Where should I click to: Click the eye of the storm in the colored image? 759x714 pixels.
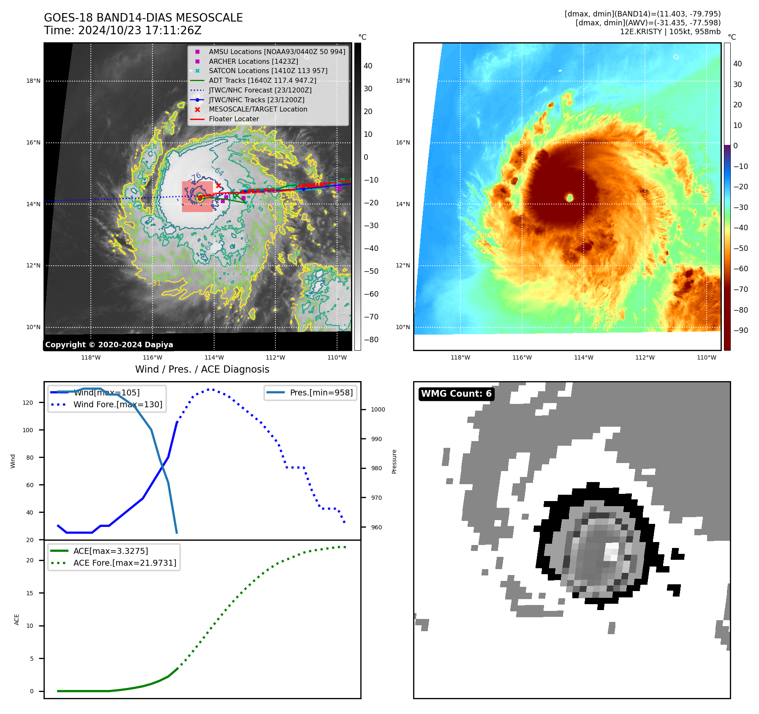click(x=569, y=197)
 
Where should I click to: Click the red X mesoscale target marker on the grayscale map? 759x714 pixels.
click(x=218, y=185)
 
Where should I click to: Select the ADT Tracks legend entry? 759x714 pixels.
click(x=262, y=81)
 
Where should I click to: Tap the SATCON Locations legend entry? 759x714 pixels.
click(x=268, y=71)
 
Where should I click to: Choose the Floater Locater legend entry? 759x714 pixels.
click(x=234, y=119)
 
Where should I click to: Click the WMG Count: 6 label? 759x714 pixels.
click(x=456, y=394)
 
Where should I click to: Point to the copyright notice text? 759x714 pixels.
click(x=109, y=345)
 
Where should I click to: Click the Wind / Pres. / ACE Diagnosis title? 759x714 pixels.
click(x=202, y=369)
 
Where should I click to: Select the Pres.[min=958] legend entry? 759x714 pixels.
click(x=321, y=392)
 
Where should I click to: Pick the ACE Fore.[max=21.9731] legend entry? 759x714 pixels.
click(x=125, y=563)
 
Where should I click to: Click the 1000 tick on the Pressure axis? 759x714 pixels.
click(x=378, y=409)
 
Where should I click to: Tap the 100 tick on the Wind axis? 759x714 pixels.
click(x=28, y=430)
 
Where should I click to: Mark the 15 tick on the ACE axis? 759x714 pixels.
click(x=30, y=593)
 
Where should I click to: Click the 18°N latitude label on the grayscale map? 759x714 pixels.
click(x=33, y=81)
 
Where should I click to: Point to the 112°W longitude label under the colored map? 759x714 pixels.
click(x=645, y=357)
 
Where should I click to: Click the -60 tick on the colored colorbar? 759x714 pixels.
click(x=740, y=269)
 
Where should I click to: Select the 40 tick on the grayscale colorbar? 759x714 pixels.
click(x=368, y=66)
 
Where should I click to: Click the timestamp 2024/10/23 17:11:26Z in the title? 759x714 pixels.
click(x=139, y=30)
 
